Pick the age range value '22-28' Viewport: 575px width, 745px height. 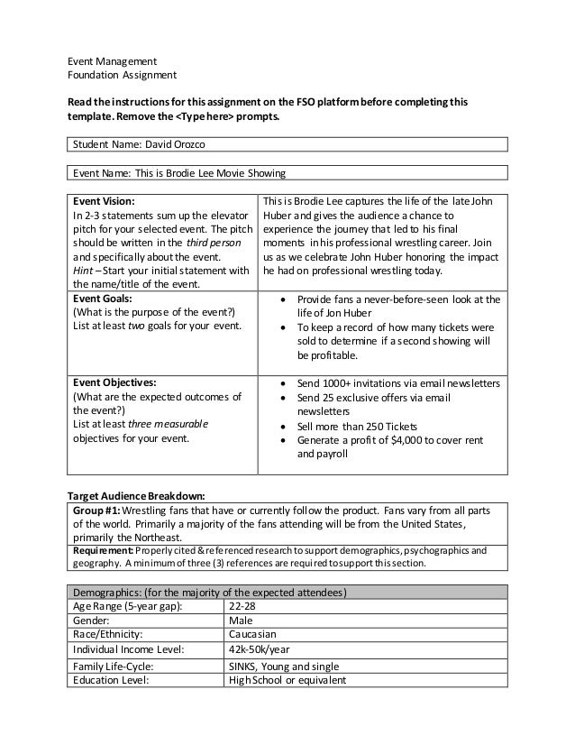coord(242,605)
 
